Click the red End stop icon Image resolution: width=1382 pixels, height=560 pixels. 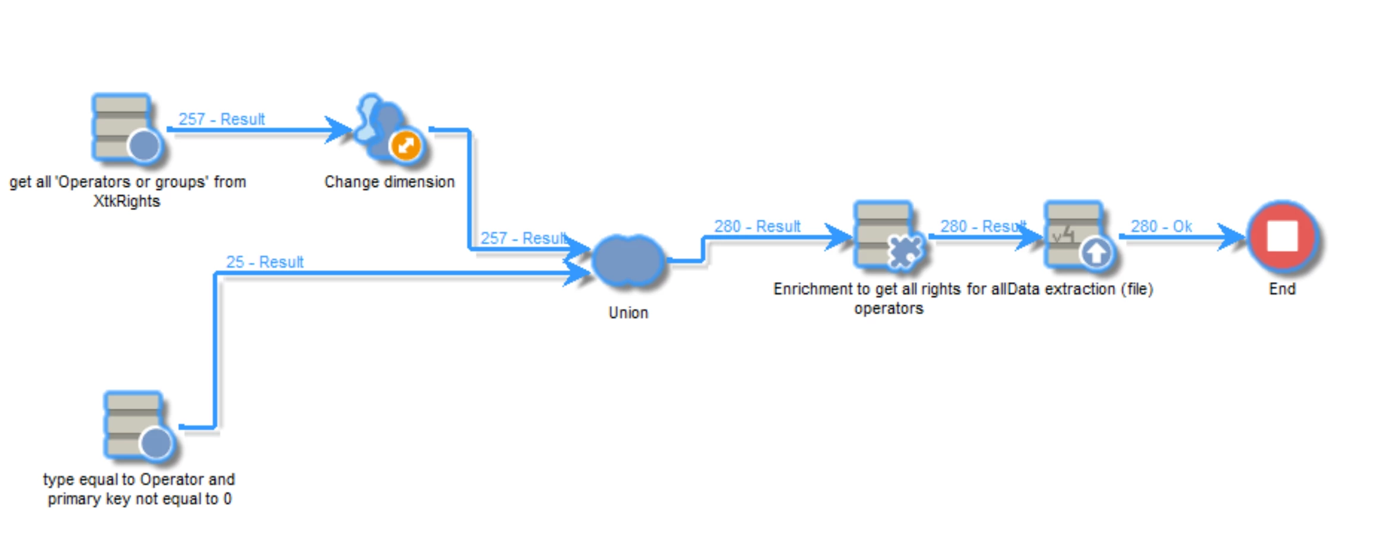(x=1283, y=237)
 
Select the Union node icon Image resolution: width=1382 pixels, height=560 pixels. (x=629, y=261)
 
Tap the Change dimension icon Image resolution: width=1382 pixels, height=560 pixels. (x=387, y=129)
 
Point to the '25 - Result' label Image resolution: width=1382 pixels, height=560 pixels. (x=264, y=262)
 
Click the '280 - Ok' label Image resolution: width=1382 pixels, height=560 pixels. (x=1161, y=226)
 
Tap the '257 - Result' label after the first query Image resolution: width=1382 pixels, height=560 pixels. (x=221, y=119)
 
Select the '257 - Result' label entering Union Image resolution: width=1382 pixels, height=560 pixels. (x=523, y=238)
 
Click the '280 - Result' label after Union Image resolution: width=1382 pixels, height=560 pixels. (x=757, y=226)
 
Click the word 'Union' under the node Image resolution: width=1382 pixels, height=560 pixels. (x=628, y=312)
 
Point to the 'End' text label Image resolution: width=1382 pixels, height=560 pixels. (x=1282, y=289)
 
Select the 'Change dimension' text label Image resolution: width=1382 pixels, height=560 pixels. (x=389, y=182)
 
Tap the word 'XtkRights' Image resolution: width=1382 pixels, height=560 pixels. (x=127, y=201)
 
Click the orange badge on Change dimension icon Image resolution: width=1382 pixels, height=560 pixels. (x=406, y=145)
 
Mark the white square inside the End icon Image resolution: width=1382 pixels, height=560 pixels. (x=1283, y=236)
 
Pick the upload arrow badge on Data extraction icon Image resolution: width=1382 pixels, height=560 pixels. (x=1096, y=254)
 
